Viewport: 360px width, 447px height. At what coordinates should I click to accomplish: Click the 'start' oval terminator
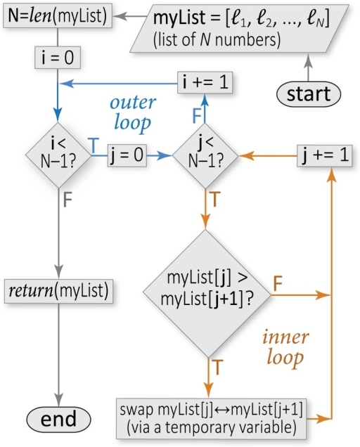[309, 94]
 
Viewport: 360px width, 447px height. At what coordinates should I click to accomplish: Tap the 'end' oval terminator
[58, 419]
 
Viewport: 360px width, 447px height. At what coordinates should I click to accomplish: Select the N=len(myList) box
[58, 15]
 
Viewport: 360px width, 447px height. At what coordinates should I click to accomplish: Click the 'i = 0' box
[58, 58]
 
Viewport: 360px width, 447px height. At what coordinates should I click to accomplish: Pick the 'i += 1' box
[205, 82]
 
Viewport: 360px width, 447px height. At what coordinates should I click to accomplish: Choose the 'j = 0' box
[127, 155]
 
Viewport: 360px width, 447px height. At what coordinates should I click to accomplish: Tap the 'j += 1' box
[325, 155]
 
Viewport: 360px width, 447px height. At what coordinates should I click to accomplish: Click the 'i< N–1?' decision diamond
[58, 155]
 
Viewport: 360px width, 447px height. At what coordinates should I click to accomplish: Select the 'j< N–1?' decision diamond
[205, 155]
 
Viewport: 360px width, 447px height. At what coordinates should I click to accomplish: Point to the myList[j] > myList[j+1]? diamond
[207, 294]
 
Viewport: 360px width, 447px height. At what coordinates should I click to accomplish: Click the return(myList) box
[58, 291]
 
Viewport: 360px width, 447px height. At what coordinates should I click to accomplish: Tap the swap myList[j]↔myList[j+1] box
[211, 419]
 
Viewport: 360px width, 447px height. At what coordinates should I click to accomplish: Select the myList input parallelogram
[240, 28]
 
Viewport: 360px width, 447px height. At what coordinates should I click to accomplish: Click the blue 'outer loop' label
[133, 113]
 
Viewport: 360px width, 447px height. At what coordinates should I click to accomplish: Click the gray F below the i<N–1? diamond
[67, 200]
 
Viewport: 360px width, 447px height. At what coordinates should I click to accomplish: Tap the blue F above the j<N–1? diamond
[197, 115]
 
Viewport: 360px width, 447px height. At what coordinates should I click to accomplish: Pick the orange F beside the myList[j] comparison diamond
[278, 283]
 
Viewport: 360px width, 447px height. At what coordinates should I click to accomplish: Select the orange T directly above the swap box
[218, 367]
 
